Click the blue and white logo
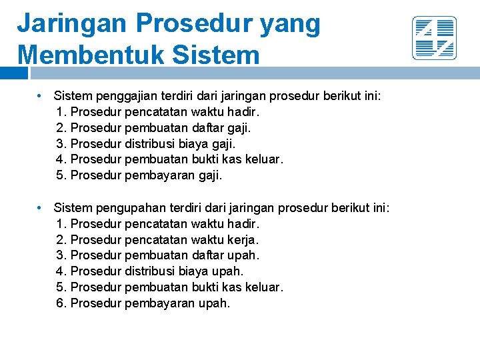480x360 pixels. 434,38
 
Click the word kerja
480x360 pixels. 243,239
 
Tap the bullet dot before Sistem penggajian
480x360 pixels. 41,96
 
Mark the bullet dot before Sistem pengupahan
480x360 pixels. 41,209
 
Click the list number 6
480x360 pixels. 61,303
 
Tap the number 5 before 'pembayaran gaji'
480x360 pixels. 61,175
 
